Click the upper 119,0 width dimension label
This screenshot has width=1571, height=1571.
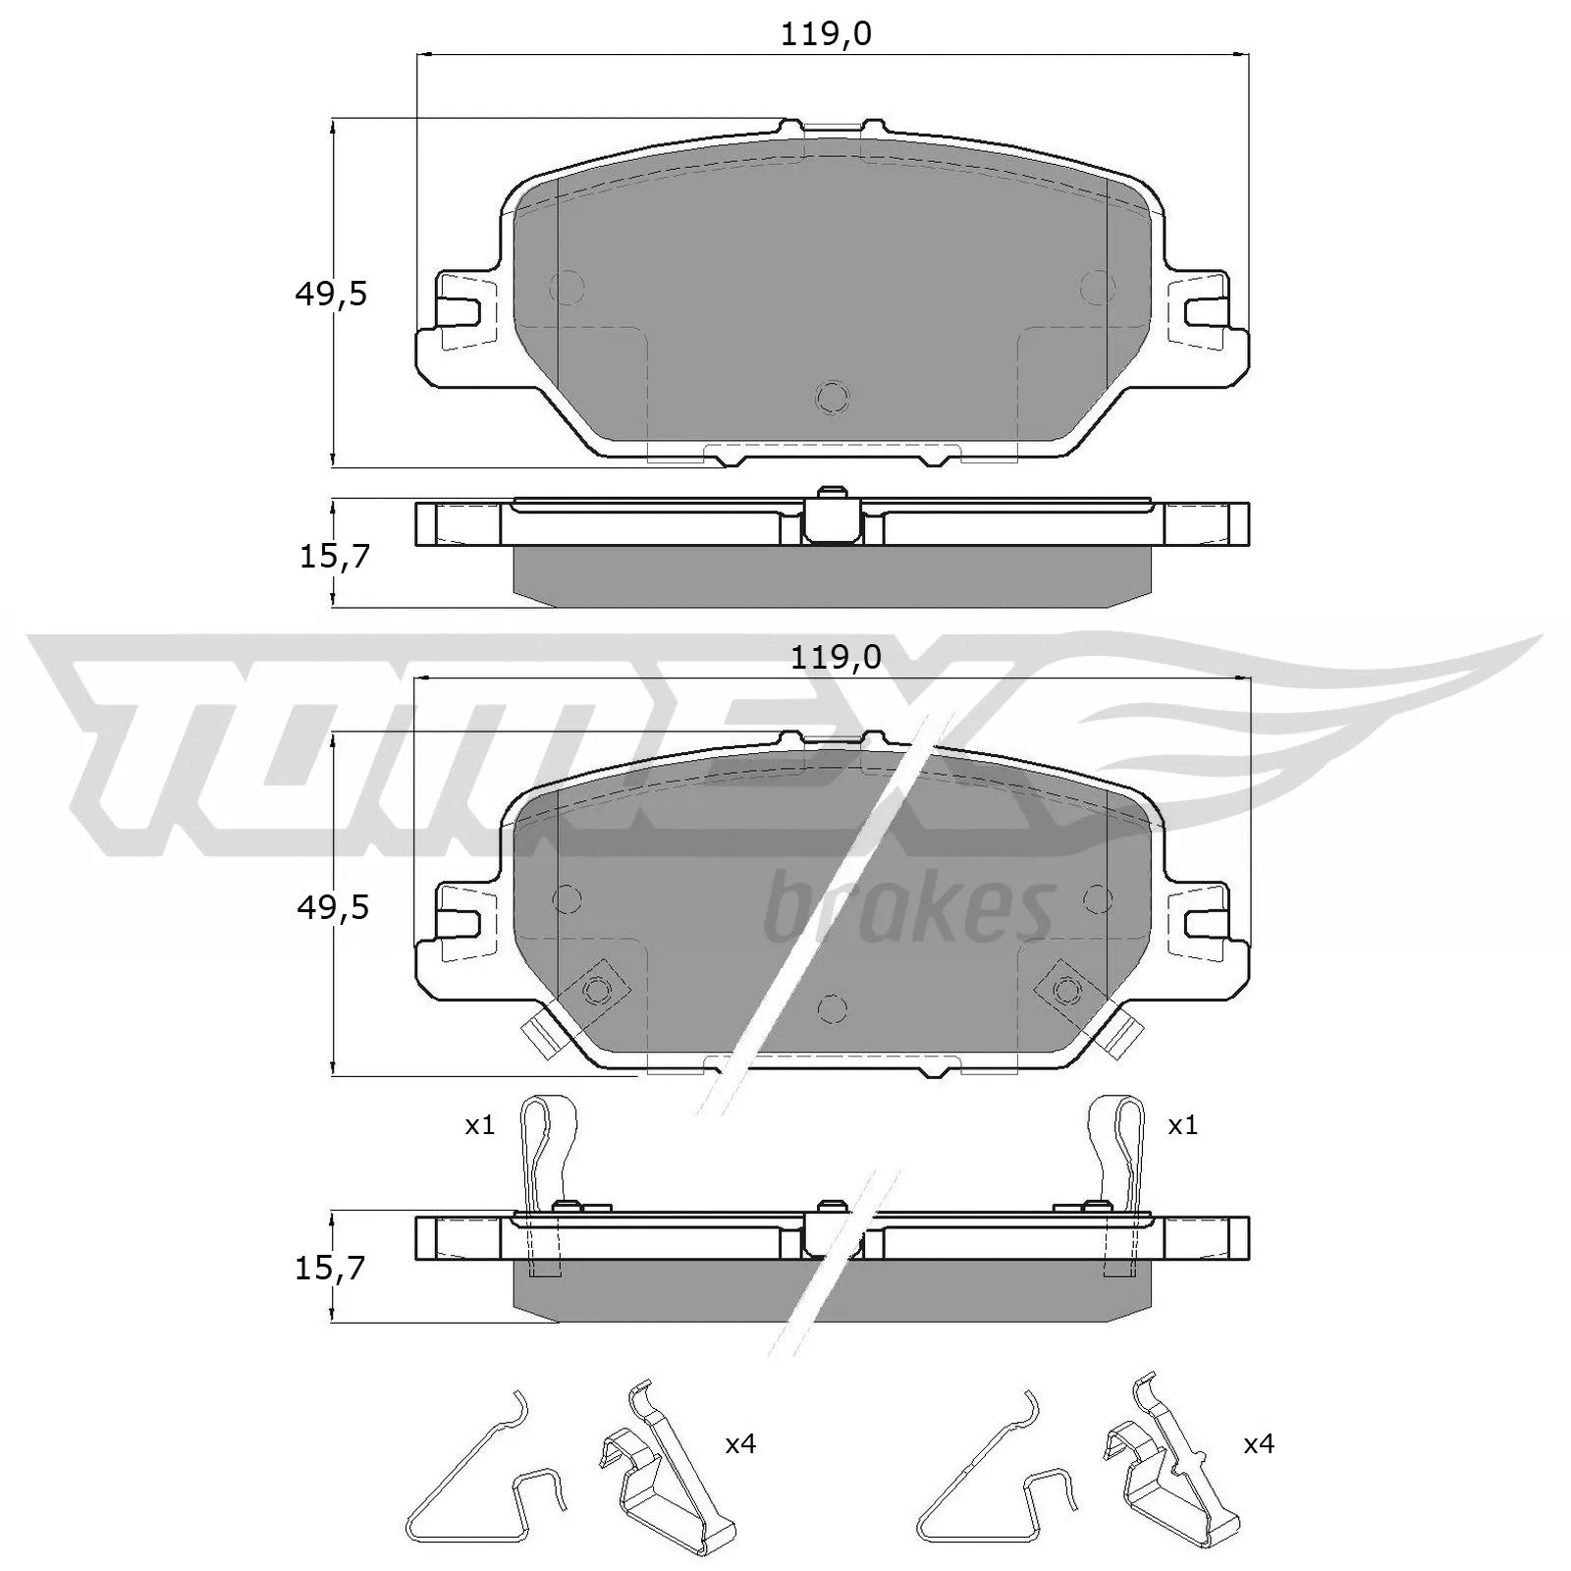[x=826, y=35]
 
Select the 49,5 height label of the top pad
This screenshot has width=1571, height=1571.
[x=331, y=294]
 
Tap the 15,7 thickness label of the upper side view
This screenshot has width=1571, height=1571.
[x=334, y=557]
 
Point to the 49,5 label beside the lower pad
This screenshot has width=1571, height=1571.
[x=333, y=908]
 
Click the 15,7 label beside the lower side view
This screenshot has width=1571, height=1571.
[x=330, y=1269]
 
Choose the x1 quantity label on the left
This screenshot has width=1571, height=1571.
[x=479, y=1125]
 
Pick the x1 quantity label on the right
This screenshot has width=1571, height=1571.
[x=1182, y=1125]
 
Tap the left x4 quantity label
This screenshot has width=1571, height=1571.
[x=740, y=1444]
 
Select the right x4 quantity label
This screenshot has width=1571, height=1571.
[x=1259, y=1444]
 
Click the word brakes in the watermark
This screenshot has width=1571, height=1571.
[x=908, y=909]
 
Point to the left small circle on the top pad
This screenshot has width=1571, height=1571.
[x=568, y=287]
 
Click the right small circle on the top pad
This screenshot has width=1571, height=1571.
[x=1097, y=287]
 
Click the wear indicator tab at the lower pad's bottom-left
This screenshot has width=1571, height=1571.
[x=540, y=1034]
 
